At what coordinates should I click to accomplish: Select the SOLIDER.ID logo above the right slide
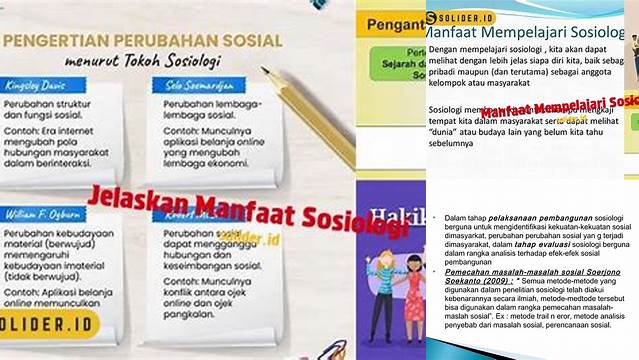[463, 18]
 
